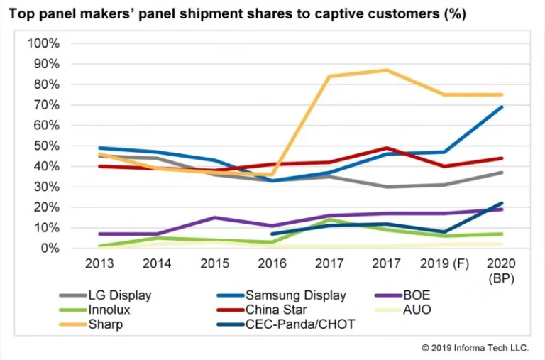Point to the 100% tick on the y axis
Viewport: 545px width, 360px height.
(x=43, y=43)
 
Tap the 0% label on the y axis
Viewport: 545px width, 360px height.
(x=50, y=249)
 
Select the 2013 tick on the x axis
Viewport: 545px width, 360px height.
(x=99, y=263)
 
